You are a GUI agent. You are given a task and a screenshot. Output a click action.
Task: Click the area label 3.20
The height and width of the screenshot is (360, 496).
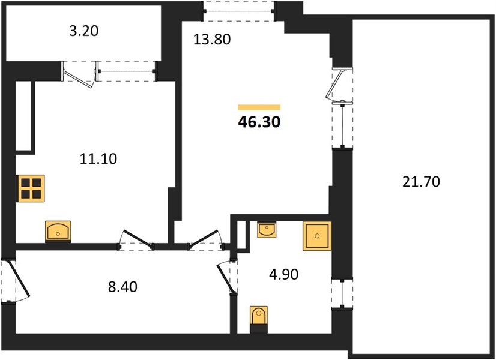pos(84,31)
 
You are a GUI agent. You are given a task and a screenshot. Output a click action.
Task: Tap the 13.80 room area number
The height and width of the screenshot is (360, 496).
pos(212,40)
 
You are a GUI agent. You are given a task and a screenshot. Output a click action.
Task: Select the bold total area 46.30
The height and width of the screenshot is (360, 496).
pos(259,122)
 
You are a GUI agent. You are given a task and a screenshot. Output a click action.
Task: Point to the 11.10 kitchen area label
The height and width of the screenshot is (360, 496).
pos(98,158)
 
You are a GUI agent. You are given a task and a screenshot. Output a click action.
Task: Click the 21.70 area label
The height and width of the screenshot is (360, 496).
pos(421,182)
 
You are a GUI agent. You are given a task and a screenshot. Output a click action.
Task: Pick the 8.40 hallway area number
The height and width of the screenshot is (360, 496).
pos(122,287)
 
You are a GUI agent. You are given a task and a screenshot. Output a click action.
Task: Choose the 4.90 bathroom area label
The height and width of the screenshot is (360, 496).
pos(284,274)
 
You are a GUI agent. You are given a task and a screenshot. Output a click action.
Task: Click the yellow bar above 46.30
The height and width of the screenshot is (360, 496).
pos(259,107)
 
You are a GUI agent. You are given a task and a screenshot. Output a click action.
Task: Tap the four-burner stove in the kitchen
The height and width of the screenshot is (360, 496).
pos(31,188)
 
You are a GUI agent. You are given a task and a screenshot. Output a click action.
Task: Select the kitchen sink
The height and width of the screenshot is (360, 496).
pos(58,231)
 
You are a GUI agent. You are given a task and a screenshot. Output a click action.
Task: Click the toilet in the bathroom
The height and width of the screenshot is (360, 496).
pos(259,319)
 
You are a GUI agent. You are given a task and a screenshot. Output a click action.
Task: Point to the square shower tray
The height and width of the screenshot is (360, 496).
pos(317,236)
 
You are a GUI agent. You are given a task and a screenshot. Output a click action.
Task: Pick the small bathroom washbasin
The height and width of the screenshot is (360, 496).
pos(267,229)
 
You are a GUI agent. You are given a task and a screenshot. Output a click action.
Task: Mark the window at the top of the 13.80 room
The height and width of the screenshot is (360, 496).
pos(238,11)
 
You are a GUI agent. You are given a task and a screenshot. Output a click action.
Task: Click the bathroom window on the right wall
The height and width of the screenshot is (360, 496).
pos(342,293)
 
